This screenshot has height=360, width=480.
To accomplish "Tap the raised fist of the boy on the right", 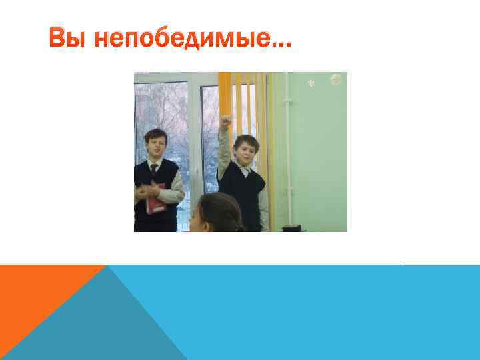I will pos(225,122).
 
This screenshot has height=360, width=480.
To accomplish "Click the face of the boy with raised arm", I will pos(245,149).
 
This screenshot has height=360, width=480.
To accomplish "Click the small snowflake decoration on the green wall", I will pos(309,84).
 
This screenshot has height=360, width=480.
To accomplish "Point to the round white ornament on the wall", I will pos(336,80).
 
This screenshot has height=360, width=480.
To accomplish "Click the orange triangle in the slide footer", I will pos(40,293).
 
